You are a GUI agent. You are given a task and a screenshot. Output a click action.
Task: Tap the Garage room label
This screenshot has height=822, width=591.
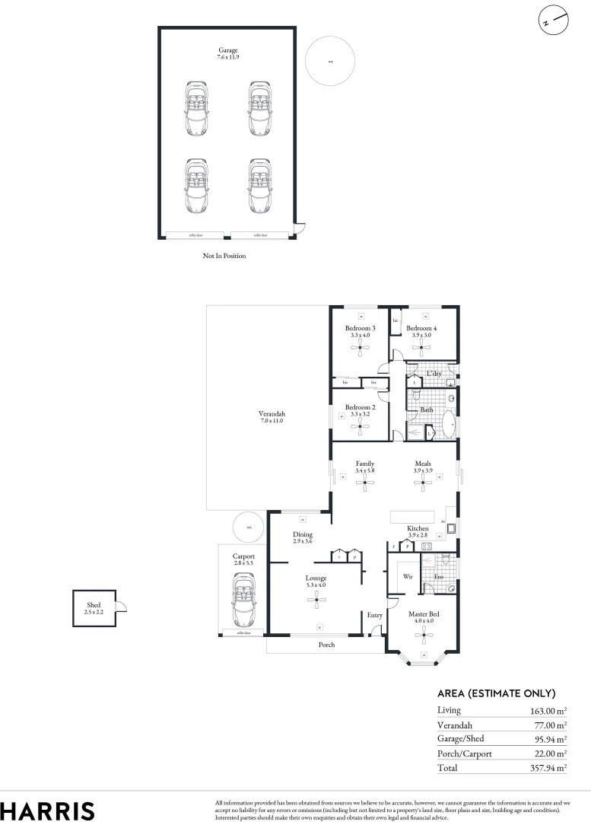coord(227,51)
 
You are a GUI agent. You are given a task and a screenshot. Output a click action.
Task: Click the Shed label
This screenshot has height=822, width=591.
coord(93,605)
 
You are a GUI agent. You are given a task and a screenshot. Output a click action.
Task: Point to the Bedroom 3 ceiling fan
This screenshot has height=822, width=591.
coord(360,349)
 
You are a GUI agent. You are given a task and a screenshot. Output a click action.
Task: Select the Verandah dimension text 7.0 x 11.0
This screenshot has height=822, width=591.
coord(271,420)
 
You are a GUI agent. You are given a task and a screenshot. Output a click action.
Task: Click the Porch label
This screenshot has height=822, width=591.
coord(326,645)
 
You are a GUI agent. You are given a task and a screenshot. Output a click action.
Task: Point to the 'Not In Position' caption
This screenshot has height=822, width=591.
coord(224,256)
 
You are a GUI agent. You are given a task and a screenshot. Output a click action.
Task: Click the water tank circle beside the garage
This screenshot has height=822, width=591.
coord(330,62)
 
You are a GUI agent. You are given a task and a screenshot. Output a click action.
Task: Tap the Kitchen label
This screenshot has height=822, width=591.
coord(418,528)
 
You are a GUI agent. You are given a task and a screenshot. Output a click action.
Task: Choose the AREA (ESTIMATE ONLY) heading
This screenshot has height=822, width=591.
coord(496,693)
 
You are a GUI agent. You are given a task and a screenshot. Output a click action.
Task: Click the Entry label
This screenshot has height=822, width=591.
coord(374,615)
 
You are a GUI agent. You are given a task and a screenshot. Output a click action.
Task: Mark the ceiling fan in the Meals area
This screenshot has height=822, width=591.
coord(424,483)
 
